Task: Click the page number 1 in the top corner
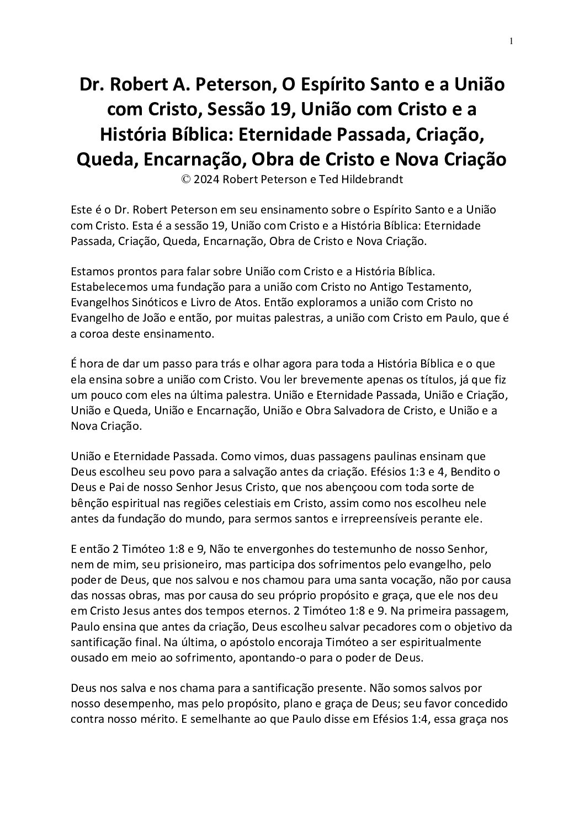pyautogui.click(x=512, y=41)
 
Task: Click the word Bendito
pyautogui.click(x=470, y=472)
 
